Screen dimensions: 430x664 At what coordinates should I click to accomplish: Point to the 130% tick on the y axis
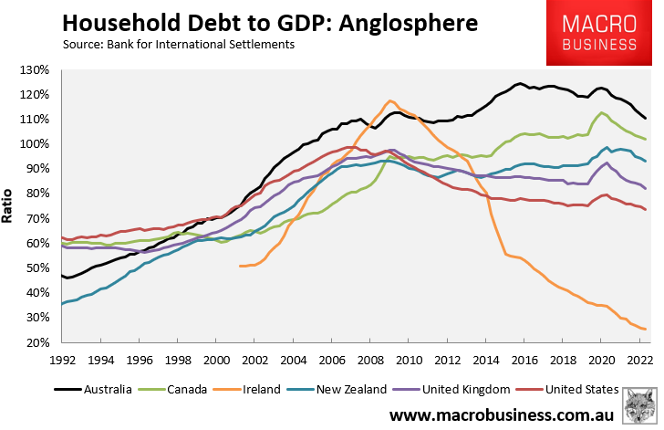[39, 70]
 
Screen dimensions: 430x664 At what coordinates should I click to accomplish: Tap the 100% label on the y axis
[39, 144]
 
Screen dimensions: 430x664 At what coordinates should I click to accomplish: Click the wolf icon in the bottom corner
[640, 407]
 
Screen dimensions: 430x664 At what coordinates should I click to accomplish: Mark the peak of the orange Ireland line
[390, 100]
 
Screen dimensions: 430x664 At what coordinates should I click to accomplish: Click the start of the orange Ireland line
[240, 266]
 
